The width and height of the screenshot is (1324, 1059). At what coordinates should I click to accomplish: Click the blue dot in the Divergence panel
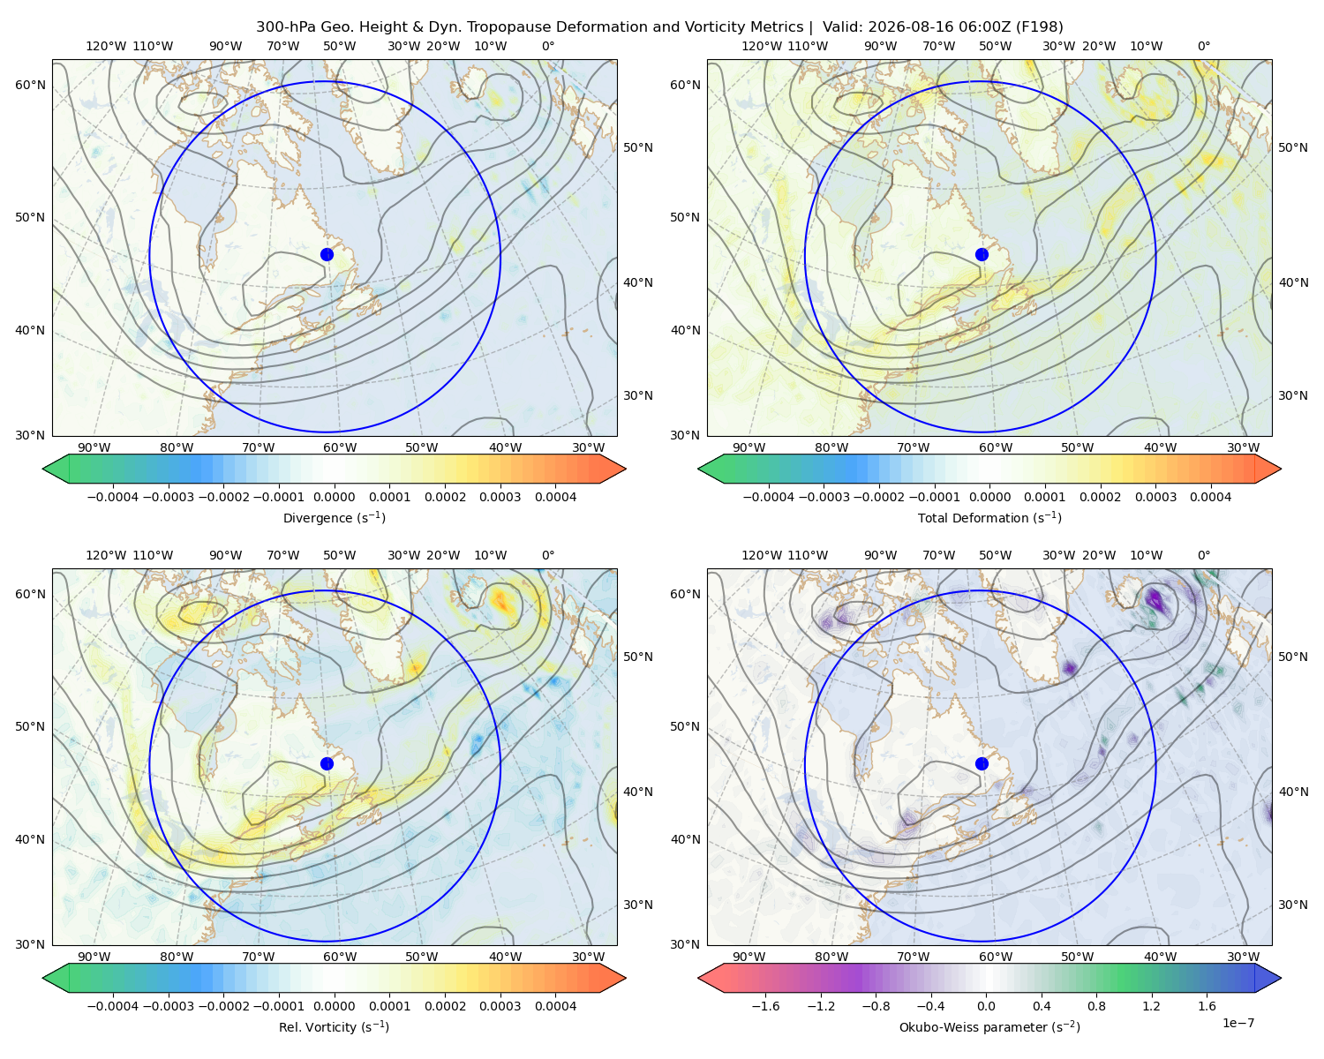tap(327, 255)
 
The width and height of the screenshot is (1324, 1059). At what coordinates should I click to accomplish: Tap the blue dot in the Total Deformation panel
tap(982, 255)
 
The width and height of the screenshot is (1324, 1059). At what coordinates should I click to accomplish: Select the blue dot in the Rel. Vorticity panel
tap(327, 763)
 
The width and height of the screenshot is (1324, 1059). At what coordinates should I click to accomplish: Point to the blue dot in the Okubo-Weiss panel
tap(982, 763)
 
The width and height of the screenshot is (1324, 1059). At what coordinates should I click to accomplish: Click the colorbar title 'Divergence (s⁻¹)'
tap(334, 517)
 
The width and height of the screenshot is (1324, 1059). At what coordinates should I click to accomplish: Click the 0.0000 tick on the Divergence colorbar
tap(334, 497)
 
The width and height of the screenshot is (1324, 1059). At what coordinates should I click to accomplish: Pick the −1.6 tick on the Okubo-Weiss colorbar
tap(765, 1006)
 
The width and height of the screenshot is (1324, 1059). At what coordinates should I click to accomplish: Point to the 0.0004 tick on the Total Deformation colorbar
tap(1211, 497)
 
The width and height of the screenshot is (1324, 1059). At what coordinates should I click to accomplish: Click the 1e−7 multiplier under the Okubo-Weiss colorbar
tap(1237, 1023)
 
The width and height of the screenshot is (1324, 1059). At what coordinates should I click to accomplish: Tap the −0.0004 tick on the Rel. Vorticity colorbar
tap(113, 1006)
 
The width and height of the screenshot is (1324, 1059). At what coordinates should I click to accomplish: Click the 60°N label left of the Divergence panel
tap(30, 85)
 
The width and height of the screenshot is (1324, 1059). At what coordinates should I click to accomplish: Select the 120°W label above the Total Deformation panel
tap(761, 46)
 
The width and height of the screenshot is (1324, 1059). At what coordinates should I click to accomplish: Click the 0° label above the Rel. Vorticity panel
tap(548, 555)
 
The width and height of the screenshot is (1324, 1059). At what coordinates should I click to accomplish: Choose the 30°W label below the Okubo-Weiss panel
tap(1244, 957)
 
